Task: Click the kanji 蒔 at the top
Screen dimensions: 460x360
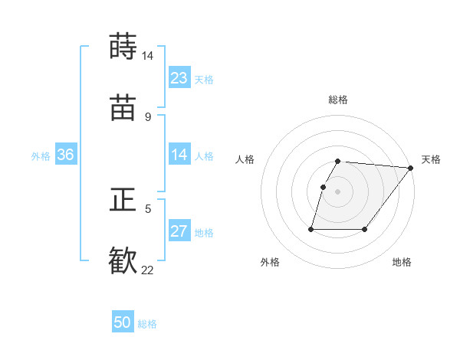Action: [123, 47]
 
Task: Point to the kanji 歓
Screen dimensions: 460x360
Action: [123, 260]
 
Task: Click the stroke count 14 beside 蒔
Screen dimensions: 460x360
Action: [147, 56]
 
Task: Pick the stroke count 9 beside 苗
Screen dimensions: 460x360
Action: [147, 116]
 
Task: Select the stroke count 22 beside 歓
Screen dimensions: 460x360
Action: [147, 270]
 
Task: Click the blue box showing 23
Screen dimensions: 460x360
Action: [179, 78]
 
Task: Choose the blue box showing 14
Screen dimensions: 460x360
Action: [179, 155]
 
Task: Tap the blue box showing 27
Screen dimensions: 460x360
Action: [179, 231]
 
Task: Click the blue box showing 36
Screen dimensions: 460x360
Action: [66, 155]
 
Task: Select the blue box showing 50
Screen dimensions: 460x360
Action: [123, 323]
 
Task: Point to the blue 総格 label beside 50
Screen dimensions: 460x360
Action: [148, 324]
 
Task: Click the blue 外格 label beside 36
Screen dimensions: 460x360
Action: [41, 155]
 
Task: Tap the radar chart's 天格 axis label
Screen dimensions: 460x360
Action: [431, 159]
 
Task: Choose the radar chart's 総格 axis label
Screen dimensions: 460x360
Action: [338, 100]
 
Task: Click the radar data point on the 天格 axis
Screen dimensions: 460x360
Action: [411, 168]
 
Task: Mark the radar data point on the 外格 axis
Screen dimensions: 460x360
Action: [311, 229]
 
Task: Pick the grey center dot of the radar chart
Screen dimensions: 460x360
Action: [338, 191]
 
